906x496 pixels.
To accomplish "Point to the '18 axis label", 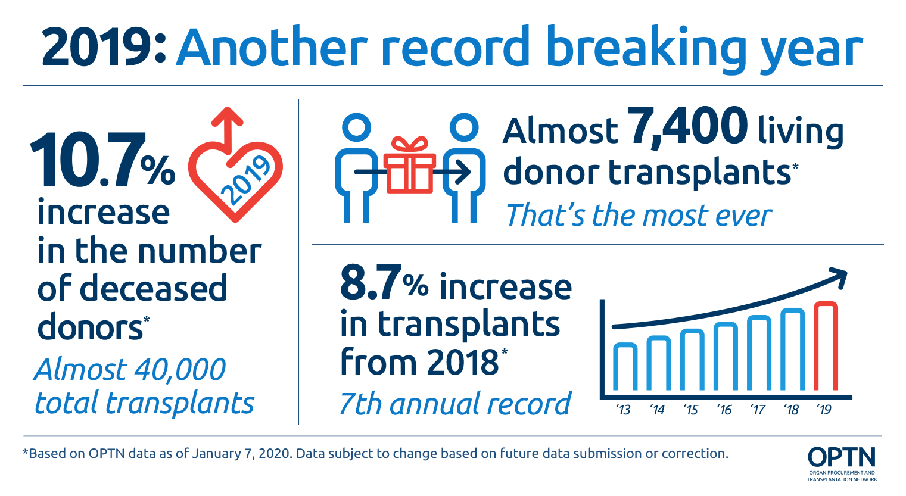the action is click(791, 410).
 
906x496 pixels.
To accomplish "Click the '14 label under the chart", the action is click(658, 410).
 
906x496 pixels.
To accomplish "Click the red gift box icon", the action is click(409, 165).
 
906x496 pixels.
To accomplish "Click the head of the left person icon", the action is click(356, 127).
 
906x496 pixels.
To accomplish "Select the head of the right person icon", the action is click(464, 127).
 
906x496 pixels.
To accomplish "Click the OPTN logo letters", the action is click(842, 457).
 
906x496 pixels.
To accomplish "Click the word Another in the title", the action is click(272, 47).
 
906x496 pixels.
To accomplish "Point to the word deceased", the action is click(154, 288).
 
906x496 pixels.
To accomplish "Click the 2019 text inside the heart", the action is click(245, 180).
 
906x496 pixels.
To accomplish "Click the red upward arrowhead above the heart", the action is click(228, 116).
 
